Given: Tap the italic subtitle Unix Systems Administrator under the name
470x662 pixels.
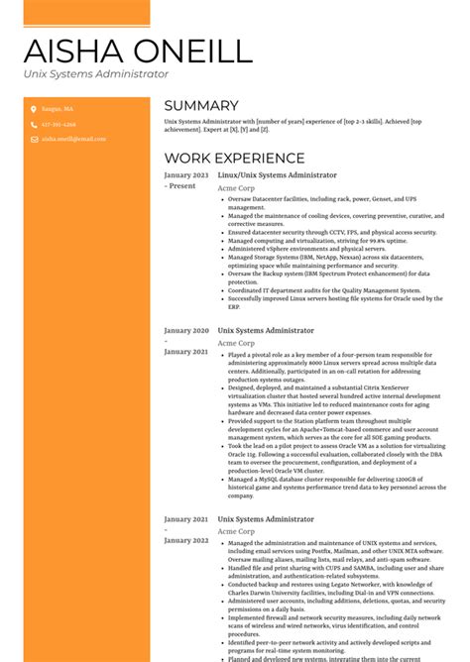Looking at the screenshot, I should [96, 74].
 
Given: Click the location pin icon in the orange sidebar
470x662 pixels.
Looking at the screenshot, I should [33, 109].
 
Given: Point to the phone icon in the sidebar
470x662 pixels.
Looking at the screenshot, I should [33, 125].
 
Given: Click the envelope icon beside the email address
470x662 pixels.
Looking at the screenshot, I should [33, 140].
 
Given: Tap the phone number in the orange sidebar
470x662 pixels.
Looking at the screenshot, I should [59, 125].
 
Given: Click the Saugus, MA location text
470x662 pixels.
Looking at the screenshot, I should [58, 109].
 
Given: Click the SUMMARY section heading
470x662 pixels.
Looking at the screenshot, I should [200, 105].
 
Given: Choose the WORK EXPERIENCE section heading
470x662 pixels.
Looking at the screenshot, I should [234, 158].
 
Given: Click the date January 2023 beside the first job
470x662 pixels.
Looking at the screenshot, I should [186, 174].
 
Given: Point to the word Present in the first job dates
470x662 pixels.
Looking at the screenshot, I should [182, 185].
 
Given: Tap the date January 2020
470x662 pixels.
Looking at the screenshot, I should [186, 330].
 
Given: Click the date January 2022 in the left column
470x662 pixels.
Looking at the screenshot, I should [186, 539].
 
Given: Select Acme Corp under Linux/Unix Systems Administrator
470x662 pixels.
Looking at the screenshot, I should [235, 188].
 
